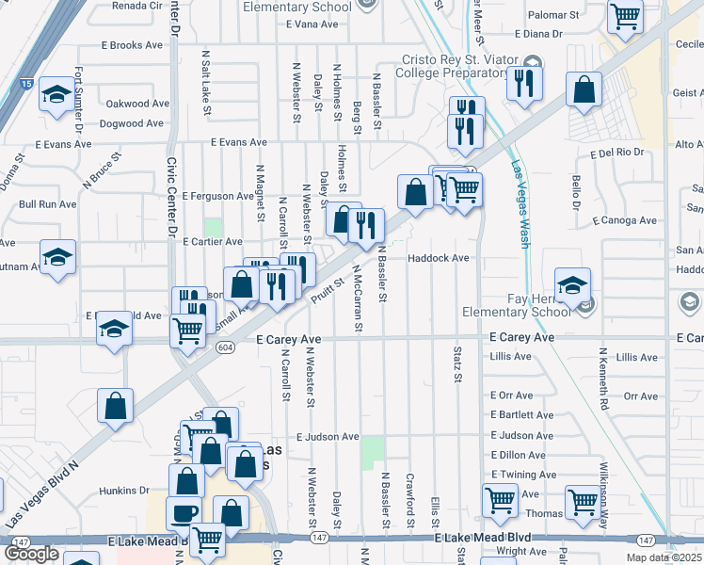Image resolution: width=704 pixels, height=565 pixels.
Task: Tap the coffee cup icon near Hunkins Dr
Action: (183, 513)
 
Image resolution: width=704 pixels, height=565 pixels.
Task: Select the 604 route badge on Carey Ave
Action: (224, 347)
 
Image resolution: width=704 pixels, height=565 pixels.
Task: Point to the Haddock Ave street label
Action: (438, 258)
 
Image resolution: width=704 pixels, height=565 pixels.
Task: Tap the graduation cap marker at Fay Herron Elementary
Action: (571, 284)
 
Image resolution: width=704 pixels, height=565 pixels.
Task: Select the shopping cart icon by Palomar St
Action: (624, 16)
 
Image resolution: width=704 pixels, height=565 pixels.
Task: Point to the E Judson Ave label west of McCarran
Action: (328, 437)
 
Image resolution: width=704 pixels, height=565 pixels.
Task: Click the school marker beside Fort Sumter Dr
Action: (57, 94)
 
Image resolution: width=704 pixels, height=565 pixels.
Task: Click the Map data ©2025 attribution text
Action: (663, 557)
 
